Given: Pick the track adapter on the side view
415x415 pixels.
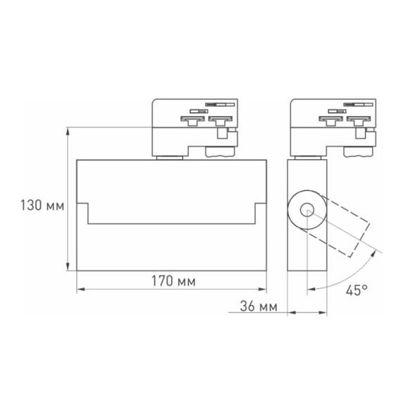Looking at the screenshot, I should point(330,125).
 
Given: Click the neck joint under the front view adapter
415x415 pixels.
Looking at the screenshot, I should point(169,157).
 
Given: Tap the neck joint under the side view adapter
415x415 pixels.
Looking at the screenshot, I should point(307,157).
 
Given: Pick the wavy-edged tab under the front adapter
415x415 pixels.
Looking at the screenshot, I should point(221,151).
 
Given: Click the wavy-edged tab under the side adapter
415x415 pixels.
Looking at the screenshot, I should point(359,151).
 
